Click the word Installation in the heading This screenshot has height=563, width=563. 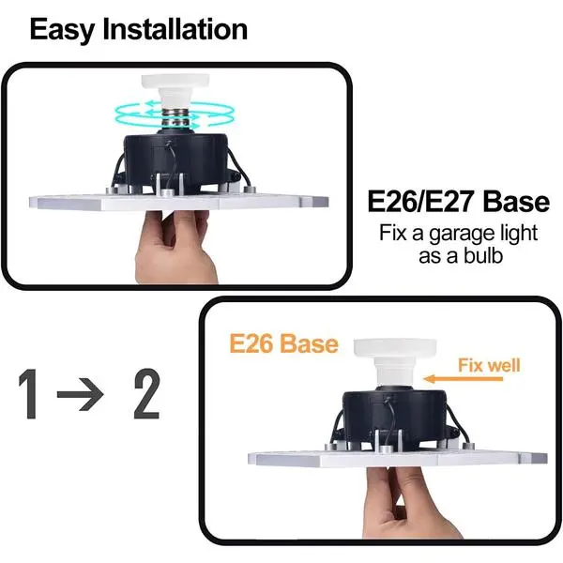[175, 29]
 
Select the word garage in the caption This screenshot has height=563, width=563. [463, 235]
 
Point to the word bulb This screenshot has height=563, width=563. [483, 255]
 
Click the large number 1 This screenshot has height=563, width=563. [29, 393]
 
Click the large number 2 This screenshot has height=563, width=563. [147, 393]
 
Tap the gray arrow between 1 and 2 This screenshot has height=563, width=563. [81, 394]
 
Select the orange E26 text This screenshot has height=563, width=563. [250, 343]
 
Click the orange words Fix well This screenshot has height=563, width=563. [489, 366]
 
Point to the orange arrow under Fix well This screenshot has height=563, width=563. [464, 379]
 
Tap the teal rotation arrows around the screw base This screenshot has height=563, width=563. [174, 114]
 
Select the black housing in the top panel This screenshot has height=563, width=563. [176, 160]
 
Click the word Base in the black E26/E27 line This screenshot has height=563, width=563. [516, 202]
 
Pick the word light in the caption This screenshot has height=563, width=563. [519, 235]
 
